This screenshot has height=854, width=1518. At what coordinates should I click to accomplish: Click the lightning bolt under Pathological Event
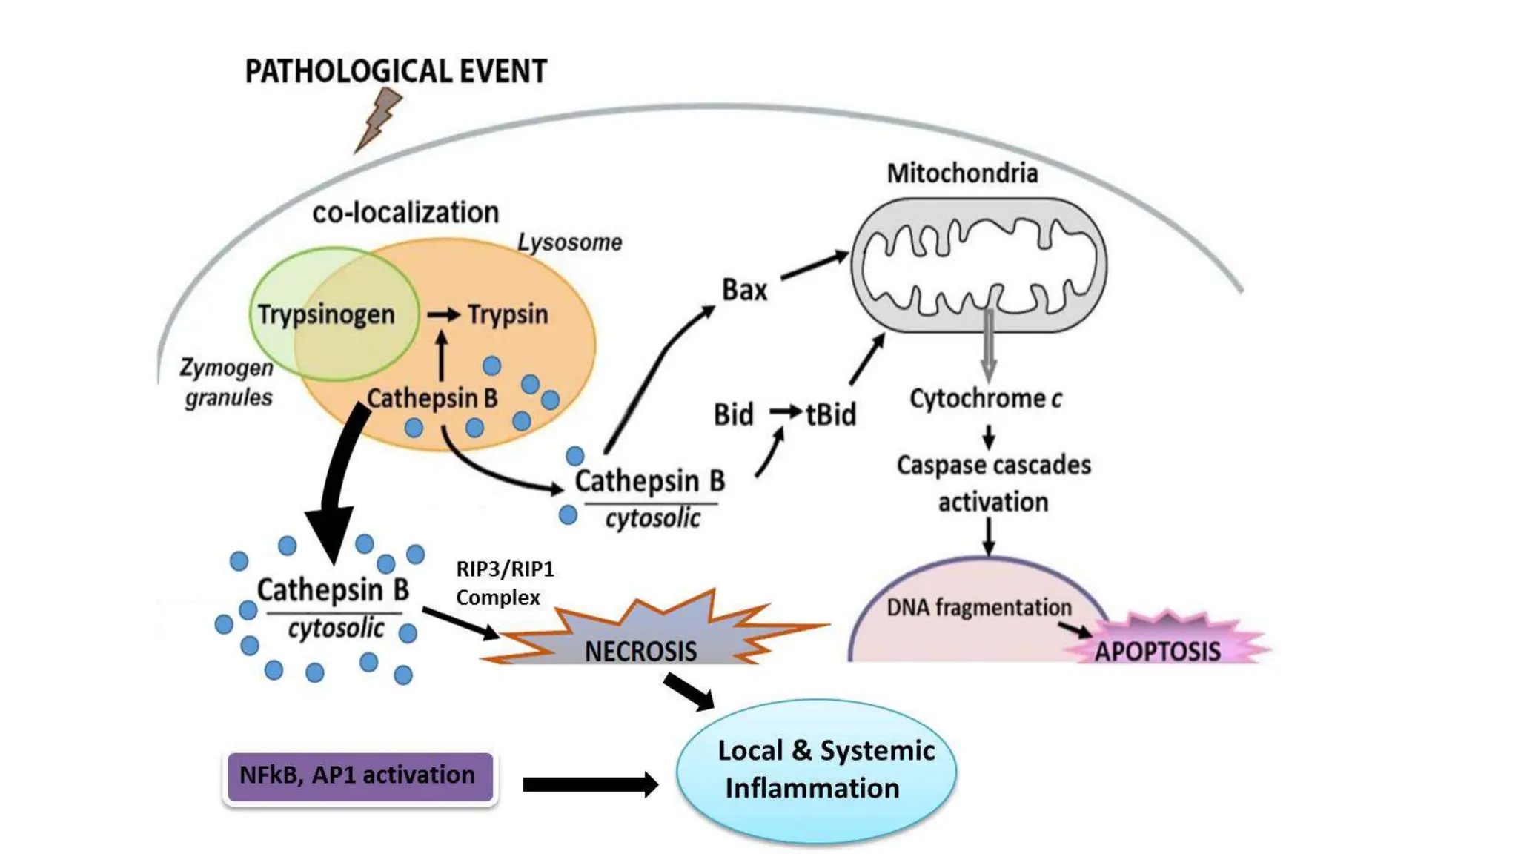click(x=379, y=119)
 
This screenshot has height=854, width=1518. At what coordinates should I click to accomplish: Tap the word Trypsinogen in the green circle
click(x=326, y=314)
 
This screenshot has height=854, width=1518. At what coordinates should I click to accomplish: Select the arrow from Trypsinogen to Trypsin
click(x=443, y=315)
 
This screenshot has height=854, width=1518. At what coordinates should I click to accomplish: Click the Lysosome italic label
click(x=569, y=242)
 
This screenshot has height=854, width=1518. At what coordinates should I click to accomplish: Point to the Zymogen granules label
click(x=228, y=383)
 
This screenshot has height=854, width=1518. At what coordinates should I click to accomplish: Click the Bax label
click(x=744, y=290)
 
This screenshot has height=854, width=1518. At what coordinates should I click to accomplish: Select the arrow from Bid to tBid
click(x=786, y=411)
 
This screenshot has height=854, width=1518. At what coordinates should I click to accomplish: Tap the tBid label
click(x=831, y=414)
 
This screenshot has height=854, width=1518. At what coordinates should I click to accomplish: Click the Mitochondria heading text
click(x=962, y=173)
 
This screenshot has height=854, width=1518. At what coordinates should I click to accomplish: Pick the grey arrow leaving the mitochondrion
click(x=988, y=345)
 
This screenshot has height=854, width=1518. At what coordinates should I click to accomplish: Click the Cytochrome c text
click(x=985, y=399)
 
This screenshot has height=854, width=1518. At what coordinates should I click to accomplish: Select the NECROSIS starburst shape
click(x=641, y=638)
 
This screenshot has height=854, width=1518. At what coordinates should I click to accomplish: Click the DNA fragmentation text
click(x=978, y=608)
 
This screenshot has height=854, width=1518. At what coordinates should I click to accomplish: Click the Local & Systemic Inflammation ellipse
click(x=815, y=771)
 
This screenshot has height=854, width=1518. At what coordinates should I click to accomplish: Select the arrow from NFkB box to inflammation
click(x=590, y=784)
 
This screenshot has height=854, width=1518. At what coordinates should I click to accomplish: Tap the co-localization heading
click(x=405, y=213)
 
